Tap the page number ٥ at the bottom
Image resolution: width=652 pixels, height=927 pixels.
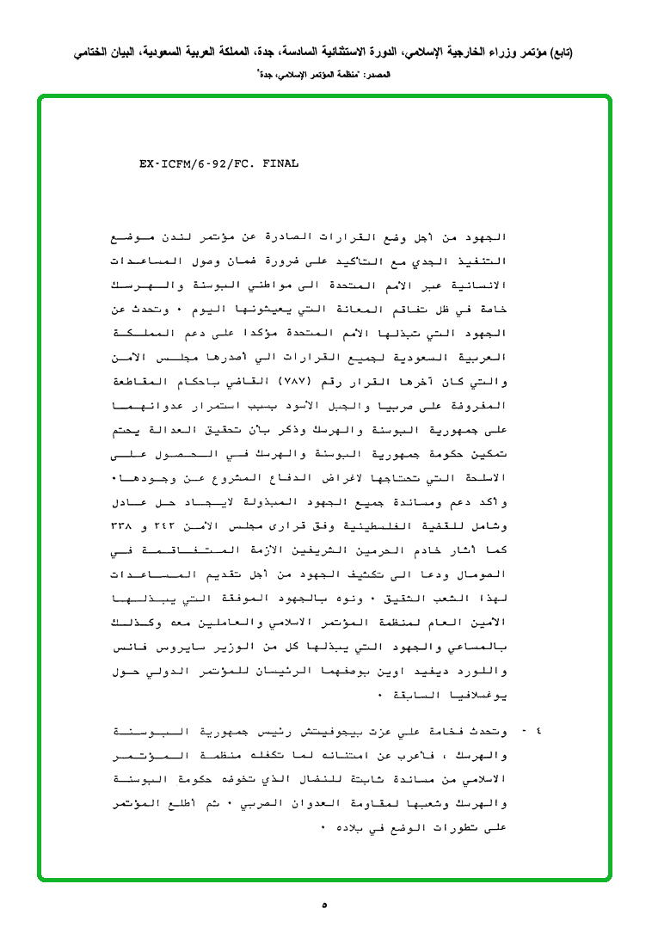tap(324, 905)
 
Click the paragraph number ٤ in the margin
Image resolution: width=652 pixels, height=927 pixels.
tap(538, 732)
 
